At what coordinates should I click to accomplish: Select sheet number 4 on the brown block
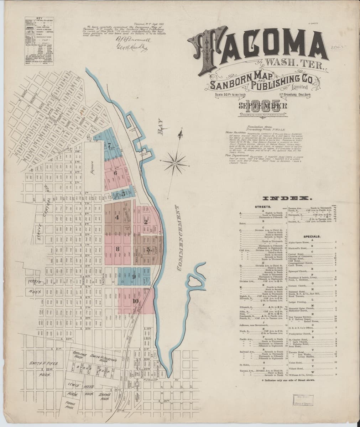[x=117, y=217]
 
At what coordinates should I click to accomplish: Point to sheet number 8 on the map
[x=118, y=249]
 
